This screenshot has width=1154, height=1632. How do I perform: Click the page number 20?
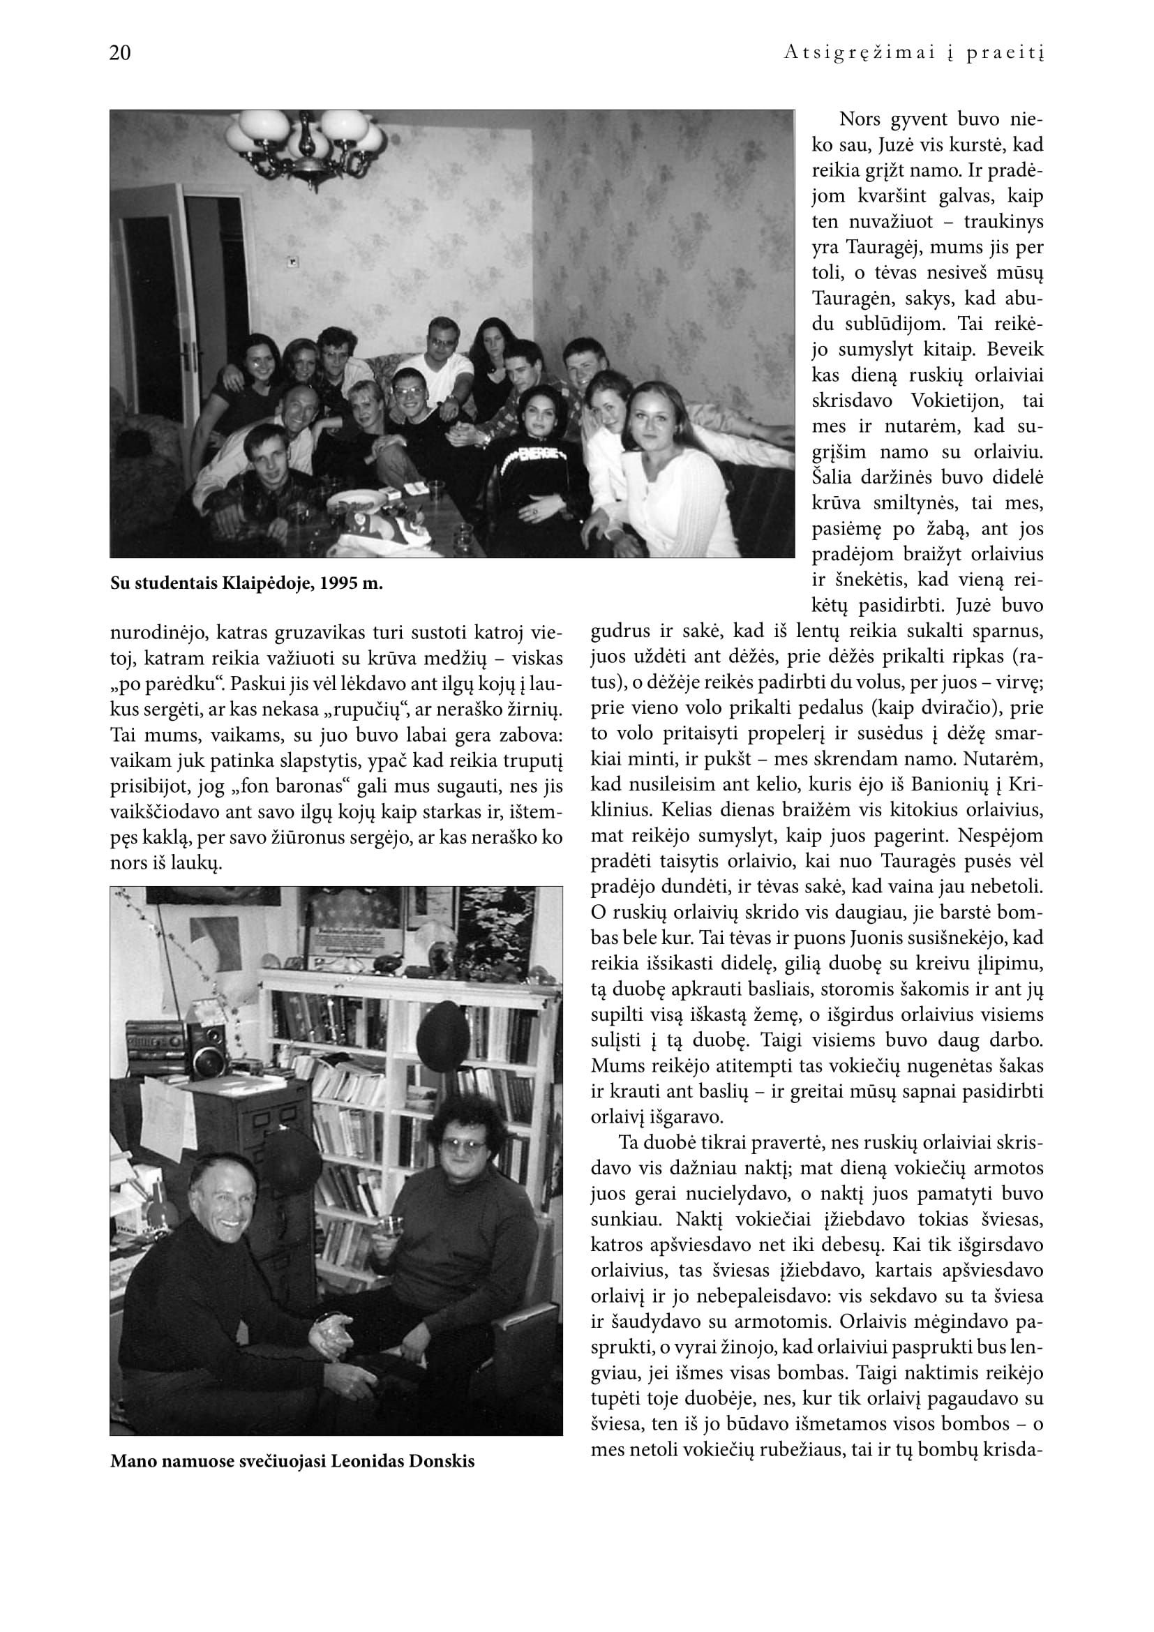pyautogui.click(x=120, y=53)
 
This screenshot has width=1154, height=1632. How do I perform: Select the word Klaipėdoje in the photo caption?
pyautogui.click(x=267, y=584)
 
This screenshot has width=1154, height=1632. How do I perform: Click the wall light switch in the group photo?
pyautogui.click(x=292, y=262)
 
